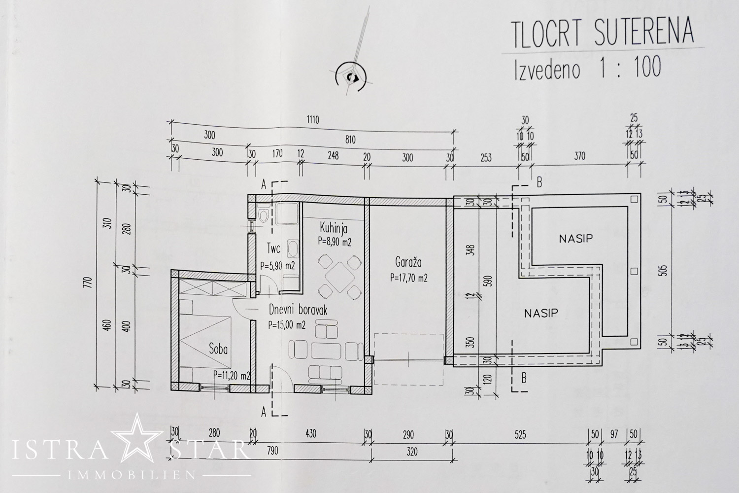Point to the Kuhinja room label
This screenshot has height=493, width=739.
click(334, 228)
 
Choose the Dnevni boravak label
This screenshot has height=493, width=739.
click(298, 310)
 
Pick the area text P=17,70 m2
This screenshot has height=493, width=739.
click(408, 278)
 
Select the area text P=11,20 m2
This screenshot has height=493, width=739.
click(232, 376)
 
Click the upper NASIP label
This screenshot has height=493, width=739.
click(575, 239)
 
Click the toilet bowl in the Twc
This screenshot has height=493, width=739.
click(265, 215)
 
